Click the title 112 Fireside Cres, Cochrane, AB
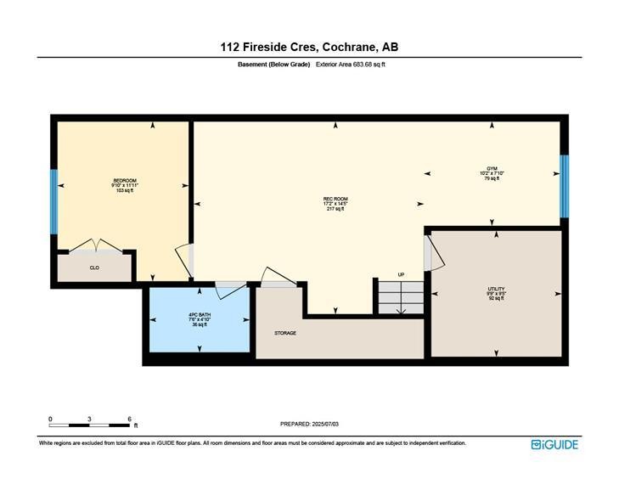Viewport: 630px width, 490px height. tap(314, 47)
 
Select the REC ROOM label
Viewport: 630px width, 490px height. tap(335, 203)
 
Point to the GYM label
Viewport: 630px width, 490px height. tap(491, 173)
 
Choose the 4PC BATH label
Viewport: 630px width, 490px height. tap(199, 319)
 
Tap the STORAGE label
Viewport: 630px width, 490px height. tap(285, 333)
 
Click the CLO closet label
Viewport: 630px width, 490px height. tap(94, 268)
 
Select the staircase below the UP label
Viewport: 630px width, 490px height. tap(400, 298)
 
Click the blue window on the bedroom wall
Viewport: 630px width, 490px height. tap(53, 201)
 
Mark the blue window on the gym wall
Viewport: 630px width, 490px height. tap(563, 185)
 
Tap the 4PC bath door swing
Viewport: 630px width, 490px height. tap(229, 290)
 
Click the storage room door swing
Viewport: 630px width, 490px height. tap(276, 279)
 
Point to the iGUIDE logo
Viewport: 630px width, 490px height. tap(554, 444)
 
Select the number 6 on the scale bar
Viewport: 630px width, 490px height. tap(129, 419)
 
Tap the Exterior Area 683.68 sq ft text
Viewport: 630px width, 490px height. tap(352, 65)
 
